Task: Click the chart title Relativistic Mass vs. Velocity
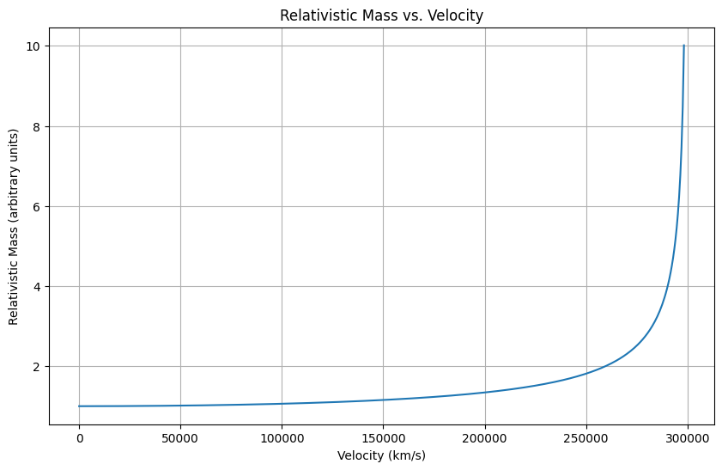coord(381,15)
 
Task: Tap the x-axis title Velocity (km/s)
coord(381,455)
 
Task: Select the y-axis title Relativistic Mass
coord(14,227)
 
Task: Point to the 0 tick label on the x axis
coord(79,439)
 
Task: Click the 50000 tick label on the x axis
coord(180,439)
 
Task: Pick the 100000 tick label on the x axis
coord(282,439)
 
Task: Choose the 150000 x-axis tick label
coord(383,439)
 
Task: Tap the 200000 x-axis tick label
coord(485,439)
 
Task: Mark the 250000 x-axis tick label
coord(586,439)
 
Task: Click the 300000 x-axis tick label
coord(688,439)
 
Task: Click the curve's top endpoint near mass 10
coord(683,46)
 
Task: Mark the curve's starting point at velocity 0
coord(79,406)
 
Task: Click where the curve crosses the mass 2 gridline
coord(604,367)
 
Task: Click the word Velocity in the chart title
coord(455,15)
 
